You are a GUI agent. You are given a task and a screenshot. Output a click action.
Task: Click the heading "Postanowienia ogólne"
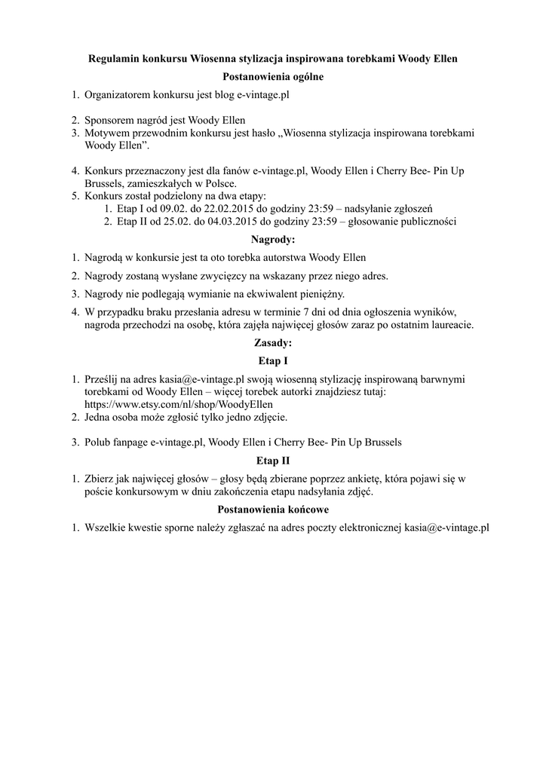coord(273,77)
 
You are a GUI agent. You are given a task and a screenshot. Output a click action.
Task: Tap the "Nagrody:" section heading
coord(273,239)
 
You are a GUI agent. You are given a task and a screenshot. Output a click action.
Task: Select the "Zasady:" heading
coord(273,342)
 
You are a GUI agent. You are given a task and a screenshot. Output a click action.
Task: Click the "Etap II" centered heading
coord(273,460)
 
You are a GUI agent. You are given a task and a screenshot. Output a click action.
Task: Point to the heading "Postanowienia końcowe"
coord(273,510)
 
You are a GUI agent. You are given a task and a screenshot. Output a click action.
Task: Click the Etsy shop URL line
coord(179,403)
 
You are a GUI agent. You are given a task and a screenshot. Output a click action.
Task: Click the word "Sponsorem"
coord(109,120)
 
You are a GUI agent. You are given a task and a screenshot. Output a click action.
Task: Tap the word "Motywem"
coord(106,133)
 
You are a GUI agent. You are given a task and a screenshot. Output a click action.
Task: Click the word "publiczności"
coord(428,221)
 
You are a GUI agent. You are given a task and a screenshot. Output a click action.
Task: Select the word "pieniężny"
coord(321,293)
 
